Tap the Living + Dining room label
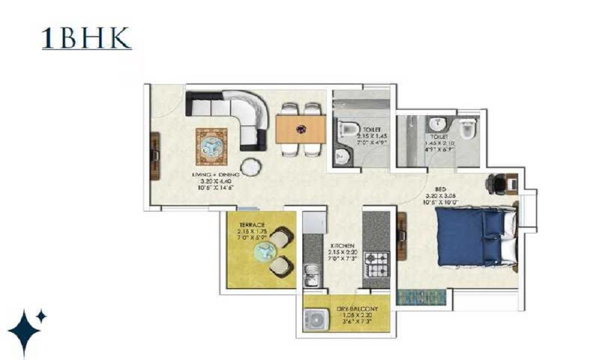click(x=215, y=174)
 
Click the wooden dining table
click(x=301, y=129)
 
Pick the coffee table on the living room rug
click(x=211, y=145)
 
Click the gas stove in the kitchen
click(x=376, y=264)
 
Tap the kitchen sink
click(x=311, y=277)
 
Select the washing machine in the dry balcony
click(x=314, y=319)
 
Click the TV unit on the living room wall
click(x=154, y=155)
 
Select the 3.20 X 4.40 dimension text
click(x=215, y=181)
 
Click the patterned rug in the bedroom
click(x=422, y=296)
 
